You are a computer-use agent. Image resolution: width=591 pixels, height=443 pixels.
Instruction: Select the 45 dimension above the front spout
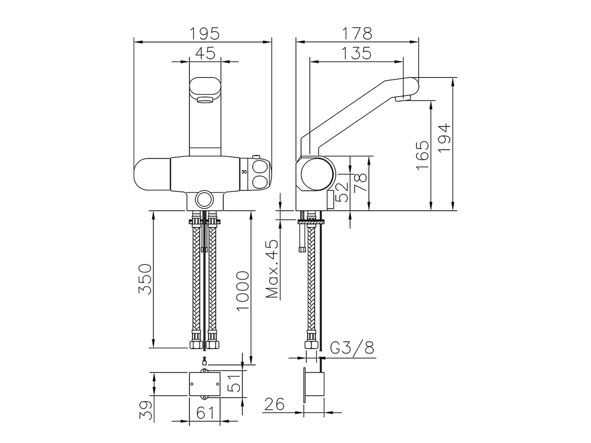(205, 54)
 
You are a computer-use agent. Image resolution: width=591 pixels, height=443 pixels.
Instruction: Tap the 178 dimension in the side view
(357, 34)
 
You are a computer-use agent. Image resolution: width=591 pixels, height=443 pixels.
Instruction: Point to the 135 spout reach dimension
(357, 54)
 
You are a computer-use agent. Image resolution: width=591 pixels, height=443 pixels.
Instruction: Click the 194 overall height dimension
(444, 139)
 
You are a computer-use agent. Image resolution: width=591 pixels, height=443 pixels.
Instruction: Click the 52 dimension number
(341, 192)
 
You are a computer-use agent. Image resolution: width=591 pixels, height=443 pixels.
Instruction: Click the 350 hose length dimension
(145, 279)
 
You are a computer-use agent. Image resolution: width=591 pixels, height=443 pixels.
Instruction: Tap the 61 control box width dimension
(205, 412)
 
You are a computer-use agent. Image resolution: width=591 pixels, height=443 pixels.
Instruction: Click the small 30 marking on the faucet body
(244, 171)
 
